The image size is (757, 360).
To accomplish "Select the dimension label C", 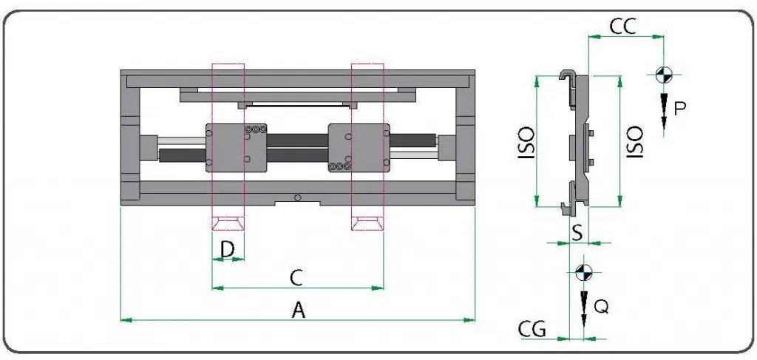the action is point(296,277).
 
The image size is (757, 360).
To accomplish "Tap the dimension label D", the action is point(228,250).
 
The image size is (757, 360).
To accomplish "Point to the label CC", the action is point(623,27).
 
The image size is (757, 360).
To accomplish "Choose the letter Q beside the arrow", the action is point(601,307).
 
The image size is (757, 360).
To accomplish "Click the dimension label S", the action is point(577,232).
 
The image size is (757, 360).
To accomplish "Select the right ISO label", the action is point(634,142).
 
